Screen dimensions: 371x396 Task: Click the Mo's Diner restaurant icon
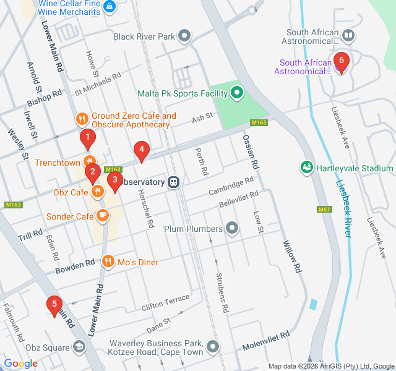(x=108, y=262)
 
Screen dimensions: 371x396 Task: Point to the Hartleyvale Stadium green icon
(x=306, y=168)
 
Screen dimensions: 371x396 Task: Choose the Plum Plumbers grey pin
(x=232, y=229)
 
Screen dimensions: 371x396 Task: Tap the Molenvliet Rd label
(x=266, y=338)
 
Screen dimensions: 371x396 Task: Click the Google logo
(x=20, y=364)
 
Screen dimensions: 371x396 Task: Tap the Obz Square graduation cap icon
(x=79, y=347)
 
